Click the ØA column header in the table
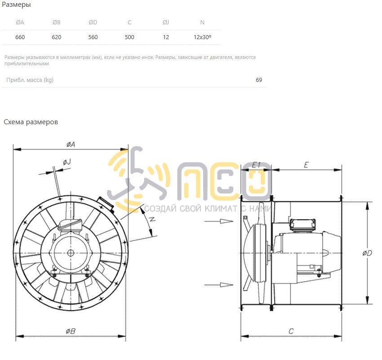20,22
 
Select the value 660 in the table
20,37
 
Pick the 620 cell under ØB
56,37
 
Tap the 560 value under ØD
93,37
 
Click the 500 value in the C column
129,37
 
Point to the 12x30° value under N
202,37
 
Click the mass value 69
259,80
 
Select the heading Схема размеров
31,122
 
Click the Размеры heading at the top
16,4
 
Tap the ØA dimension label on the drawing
71,144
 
